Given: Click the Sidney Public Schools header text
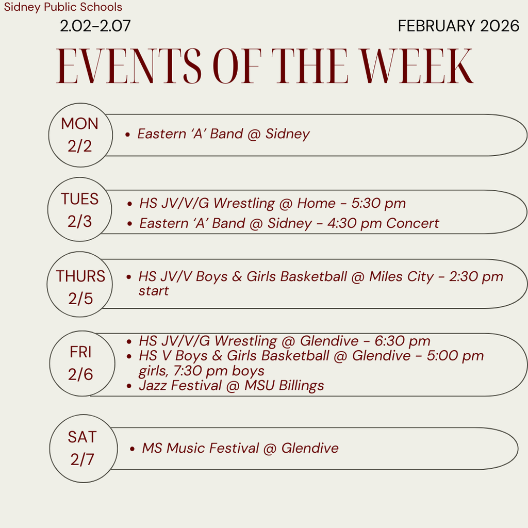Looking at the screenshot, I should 63,7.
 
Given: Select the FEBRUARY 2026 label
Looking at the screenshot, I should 458,26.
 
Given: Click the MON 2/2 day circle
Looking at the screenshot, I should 80,135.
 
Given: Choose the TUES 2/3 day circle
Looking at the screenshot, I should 80,210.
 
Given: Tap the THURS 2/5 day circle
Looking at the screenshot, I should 80,287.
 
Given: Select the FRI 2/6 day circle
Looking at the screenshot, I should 81,364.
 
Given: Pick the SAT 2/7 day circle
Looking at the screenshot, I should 82,448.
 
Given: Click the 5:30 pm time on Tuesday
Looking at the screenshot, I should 378,203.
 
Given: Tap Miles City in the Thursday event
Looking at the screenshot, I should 401,276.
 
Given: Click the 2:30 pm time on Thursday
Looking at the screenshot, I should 476,276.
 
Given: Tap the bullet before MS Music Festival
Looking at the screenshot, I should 133,449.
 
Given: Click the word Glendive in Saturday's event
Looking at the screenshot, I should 310,448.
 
